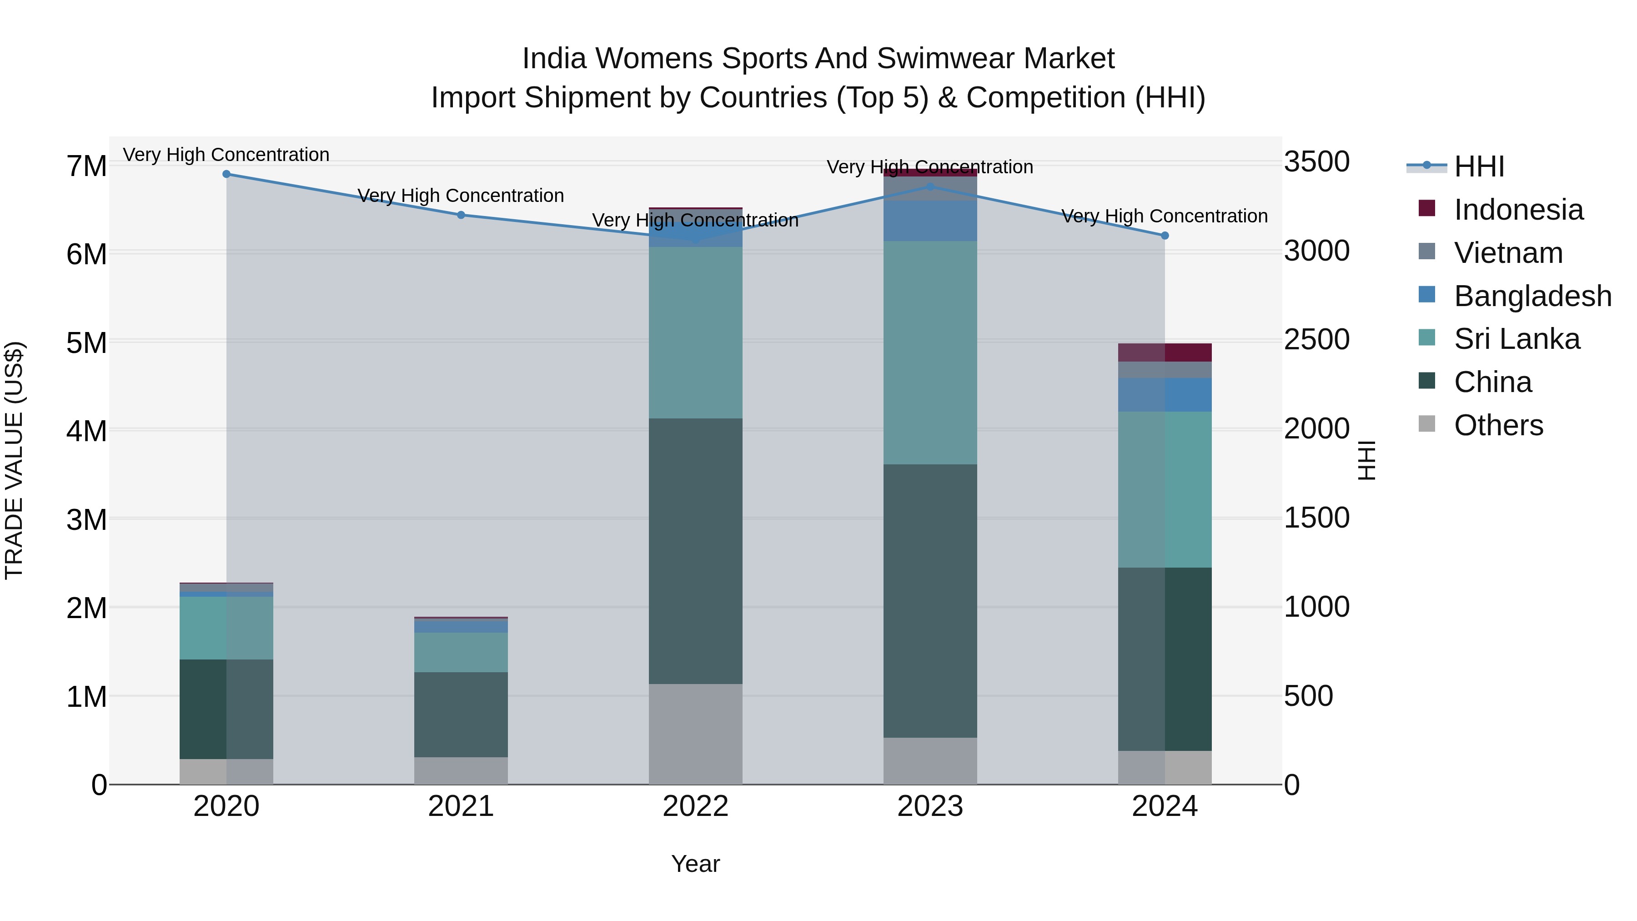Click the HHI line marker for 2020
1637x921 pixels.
click(226, 174)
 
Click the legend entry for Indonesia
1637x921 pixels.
click(1518, 210)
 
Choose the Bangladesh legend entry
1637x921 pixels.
click(1532, 296)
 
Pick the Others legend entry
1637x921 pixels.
click(1498, 425)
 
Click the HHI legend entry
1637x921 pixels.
click(1479, 166)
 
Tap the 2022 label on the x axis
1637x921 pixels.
click(695, 806)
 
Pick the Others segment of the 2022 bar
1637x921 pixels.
click(695, 734)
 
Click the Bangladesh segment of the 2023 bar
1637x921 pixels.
click(930, 221)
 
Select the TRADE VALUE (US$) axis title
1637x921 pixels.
click(14, 460)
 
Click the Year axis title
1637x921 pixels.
click(695, 864)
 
